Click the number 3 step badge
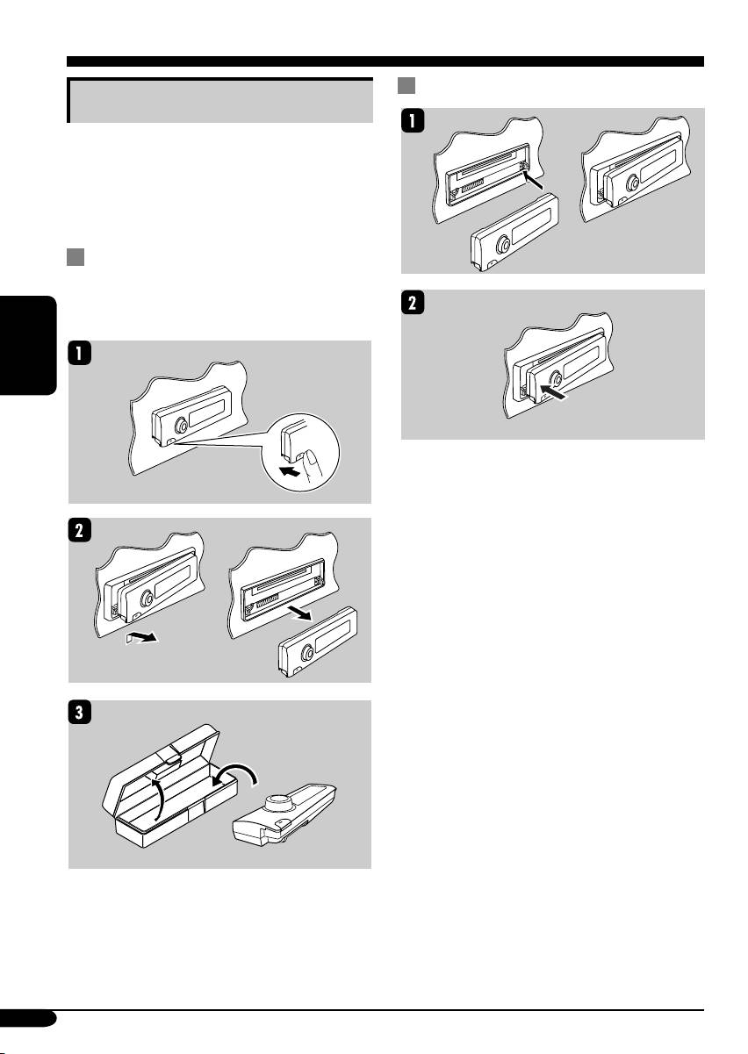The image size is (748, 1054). (80, 713)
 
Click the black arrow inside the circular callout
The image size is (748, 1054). (289, 470)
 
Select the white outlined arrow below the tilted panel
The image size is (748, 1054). (141, 637)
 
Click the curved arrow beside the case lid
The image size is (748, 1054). (159, 799)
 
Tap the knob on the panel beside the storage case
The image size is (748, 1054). (278, 804)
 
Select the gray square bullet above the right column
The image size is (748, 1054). (406, 86)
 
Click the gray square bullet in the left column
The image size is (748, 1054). (76, 257)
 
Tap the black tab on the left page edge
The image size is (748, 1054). (27, 346)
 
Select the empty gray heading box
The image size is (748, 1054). (219, 100)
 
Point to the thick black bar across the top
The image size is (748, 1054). (385, 61)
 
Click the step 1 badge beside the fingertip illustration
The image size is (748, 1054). (80, 353)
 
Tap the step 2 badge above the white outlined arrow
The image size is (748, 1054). (80, 530)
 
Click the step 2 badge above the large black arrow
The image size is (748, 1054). (413, 302)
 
